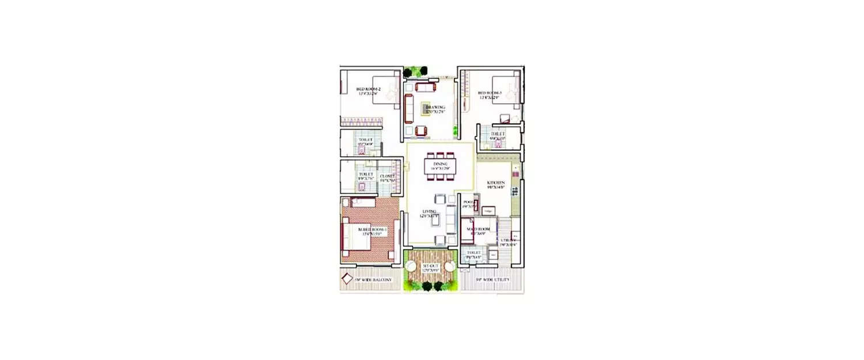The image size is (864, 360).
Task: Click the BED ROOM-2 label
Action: point(368,89)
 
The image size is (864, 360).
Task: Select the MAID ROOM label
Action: point(478,230)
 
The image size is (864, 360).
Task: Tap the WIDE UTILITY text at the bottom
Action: point(494,280)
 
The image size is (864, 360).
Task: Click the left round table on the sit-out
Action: point(411,266)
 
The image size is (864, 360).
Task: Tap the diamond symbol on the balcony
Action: point(347,279)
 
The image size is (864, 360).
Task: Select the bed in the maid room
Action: point(465,229)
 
